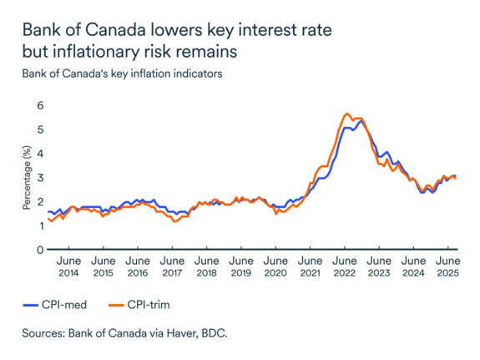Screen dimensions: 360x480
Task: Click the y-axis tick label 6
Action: point(38,106)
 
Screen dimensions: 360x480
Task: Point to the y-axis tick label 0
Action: point(38,250)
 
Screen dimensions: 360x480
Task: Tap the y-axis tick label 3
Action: point(38,178)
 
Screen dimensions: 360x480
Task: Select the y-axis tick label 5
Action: point(38,130)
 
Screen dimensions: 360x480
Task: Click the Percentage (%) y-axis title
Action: point(26,177)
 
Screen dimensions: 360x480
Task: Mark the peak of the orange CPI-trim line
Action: point(346,114)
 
